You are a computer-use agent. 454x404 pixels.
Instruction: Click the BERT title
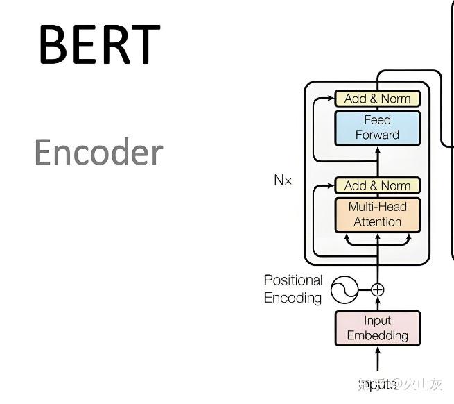(x=99, y=44)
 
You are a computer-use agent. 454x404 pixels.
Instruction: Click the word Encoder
(x=98, y=152)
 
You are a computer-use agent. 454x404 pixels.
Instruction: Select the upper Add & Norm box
(x=377, y=99)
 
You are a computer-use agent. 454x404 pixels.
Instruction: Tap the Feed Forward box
(x=377, y=128)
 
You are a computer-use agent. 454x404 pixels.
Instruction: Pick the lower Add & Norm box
(x=377, y=185)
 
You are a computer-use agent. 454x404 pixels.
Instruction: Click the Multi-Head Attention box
(x=377, y=214)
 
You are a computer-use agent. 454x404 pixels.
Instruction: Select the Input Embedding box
(x=377, y=328)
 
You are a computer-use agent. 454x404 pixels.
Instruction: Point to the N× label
(x=283, y=180)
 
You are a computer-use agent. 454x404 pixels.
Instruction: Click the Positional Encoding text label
(x=293, y=289)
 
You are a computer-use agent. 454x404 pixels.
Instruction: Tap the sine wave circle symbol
(x=344, y=290)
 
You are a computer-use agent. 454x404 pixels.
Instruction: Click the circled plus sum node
(x=378, y=290)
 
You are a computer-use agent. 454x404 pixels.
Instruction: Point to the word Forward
(x=377, y=135)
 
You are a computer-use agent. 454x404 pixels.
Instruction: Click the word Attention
(x=377, y=222)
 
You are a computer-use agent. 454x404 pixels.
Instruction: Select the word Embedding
(x=377, y=336)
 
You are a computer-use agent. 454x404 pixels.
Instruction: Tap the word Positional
(x=293, y=280)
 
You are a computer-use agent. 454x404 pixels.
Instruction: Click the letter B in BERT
(x=52, y=44)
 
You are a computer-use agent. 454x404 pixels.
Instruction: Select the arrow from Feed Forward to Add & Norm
(x=378, y=108)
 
